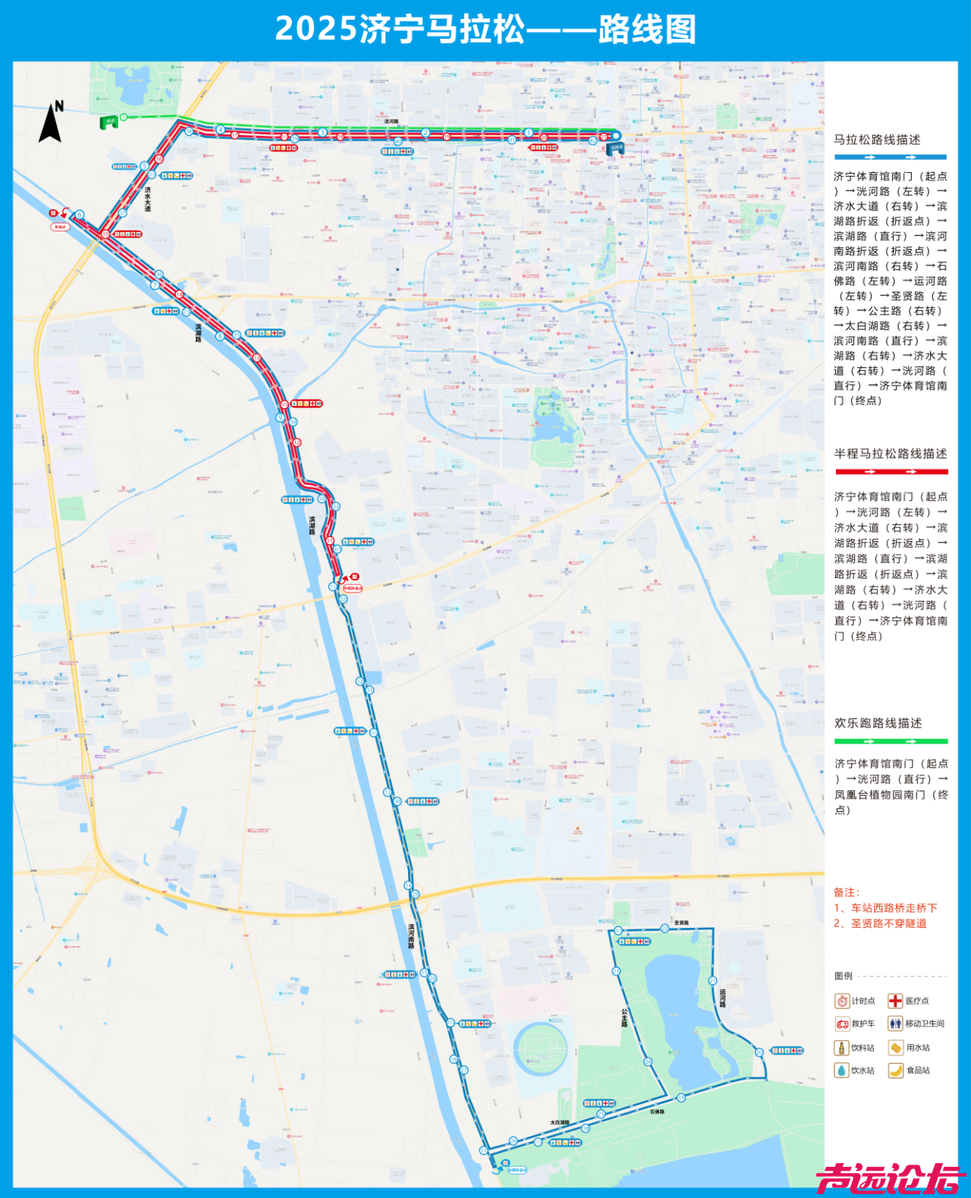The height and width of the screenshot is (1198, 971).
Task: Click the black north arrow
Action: point(52,123)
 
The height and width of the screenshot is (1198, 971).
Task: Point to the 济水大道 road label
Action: point(148,200)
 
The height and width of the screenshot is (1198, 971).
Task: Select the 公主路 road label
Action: point(624,1017)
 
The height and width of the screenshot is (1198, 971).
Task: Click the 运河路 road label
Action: point(722,998)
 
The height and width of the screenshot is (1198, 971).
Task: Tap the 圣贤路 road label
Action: point(681,923)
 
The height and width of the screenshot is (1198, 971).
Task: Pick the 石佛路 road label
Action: point(657,1112)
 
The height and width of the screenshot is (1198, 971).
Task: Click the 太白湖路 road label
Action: point(560,1122)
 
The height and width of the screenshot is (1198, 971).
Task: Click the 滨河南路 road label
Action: point(411,935)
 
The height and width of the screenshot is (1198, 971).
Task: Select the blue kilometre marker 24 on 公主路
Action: point(648,1061)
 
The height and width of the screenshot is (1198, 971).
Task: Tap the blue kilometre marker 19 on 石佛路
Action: point(681,1097)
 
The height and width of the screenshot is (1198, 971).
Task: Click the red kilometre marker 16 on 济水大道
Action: point(159,159)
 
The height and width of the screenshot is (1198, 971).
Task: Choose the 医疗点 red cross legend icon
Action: point(895,1001)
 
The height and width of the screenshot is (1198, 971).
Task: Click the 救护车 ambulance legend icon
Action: point(842,1023)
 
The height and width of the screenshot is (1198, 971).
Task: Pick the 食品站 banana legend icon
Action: point(895,1070)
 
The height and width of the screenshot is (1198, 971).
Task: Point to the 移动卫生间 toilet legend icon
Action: point(895,1023)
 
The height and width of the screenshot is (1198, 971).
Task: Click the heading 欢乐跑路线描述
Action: point(878,723)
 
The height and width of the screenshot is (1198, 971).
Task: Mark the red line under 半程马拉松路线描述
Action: point(891,472)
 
